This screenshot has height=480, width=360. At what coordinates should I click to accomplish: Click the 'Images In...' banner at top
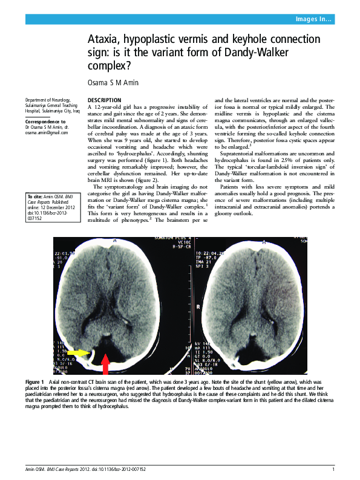pyautogui.click(x=313, y=19)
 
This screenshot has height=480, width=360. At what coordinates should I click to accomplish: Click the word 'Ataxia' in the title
pyautogui.click(x=104, y=39)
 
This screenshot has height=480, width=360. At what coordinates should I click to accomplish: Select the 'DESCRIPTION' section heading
pyautogui.click(x=104, y=100)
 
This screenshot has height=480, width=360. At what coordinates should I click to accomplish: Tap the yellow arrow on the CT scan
pyautogui.click(x=76, y=352)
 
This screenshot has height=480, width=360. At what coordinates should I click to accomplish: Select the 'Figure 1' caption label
pyautogui.click(x=34, y=383)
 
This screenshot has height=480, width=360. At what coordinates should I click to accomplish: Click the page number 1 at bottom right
pyautogui.click(x=333, y=470)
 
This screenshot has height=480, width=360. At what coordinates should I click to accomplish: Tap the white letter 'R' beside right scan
pyautogui.click(x=199, y=307)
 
